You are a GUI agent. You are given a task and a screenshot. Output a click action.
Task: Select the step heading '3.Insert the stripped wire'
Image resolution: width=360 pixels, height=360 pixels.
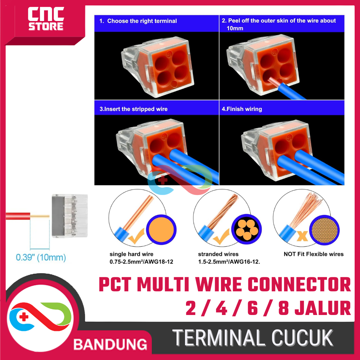(x=134, y=109)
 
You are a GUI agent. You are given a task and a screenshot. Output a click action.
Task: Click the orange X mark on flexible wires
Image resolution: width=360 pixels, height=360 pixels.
(x=302, y=236)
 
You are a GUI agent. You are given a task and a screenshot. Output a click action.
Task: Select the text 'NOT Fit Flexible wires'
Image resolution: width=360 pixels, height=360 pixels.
(x=313, y=254)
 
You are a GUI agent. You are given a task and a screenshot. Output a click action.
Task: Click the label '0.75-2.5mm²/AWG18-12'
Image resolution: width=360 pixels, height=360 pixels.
(x=141, y=262)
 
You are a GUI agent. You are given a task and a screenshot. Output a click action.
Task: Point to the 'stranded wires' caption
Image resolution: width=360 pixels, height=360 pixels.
(x=218, y=254)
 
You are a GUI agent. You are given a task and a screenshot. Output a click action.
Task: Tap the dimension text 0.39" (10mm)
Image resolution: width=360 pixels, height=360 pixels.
(x=41, y=257)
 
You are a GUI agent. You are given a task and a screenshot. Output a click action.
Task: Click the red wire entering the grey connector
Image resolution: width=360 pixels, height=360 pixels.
(x=18, y=216)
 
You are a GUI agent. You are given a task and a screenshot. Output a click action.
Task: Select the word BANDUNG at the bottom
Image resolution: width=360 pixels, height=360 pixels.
(x=110, y=344)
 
